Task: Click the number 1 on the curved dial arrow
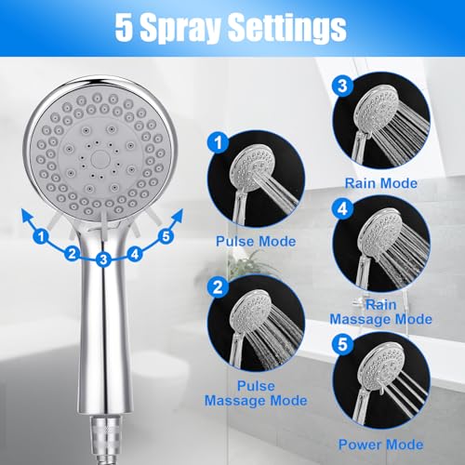pyautogui.click(x=41, y=237)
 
